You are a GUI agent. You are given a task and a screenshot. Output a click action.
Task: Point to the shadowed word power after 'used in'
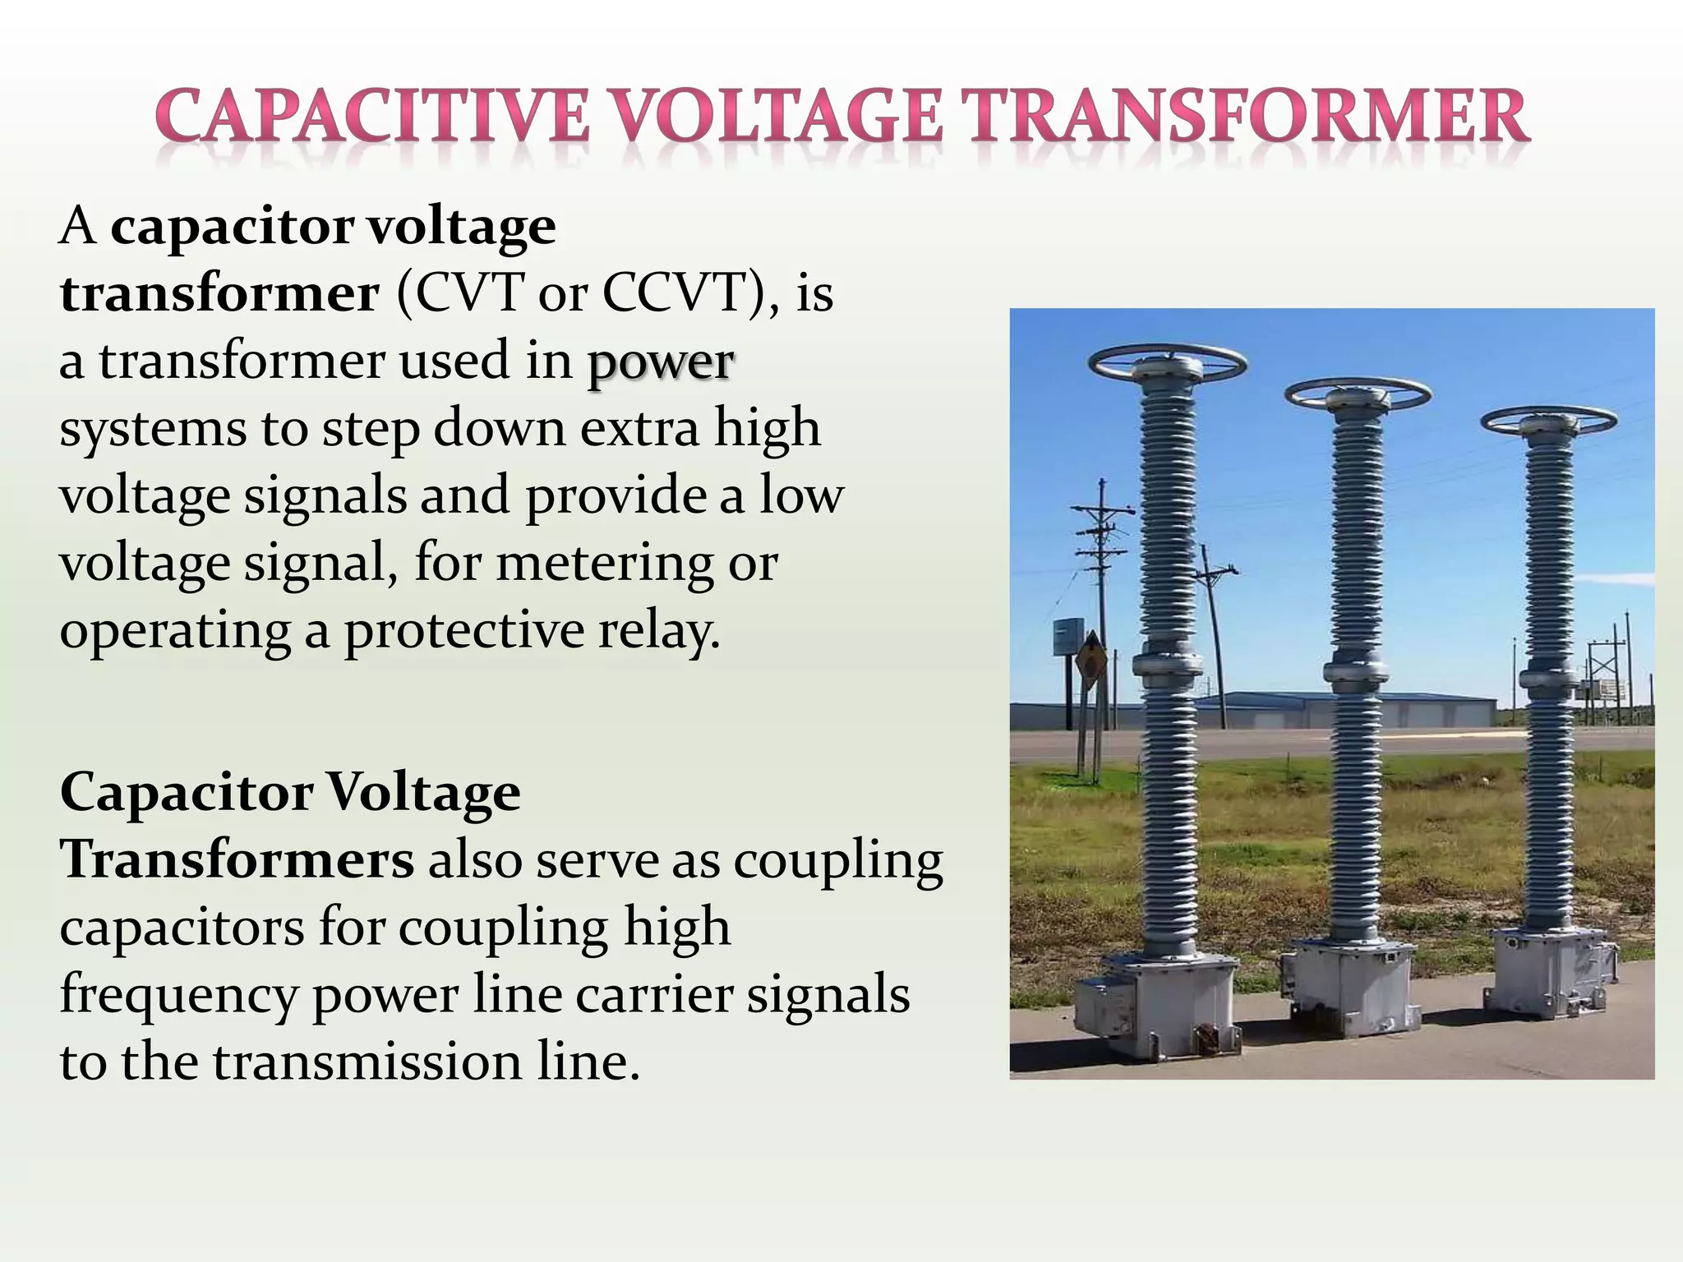(x=660, y=362)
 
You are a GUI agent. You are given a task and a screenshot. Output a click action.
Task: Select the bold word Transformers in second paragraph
(x=237, y=860)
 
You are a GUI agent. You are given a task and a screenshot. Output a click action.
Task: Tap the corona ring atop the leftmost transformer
(x=1167, y=362)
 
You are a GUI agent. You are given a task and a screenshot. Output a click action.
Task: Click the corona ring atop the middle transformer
(x=1358, y=394)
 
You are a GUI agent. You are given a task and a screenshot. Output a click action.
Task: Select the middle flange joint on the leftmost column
(x=1168, y=664)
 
